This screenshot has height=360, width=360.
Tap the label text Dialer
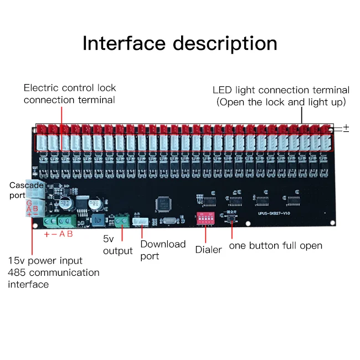(208, 250)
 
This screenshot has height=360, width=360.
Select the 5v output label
(117, 245)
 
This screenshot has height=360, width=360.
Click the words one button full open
(275, 245)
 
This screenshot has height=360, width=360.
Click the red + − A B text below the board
(58, 234)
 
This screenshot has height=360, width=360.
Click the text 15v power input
(45, 260)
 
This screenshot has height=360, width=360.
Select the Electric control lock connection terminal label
(69, 94)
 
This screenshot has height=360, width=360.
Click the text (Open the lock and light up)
(281, 102)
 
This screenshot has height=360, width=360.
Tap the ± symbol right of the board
(346, 128)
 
